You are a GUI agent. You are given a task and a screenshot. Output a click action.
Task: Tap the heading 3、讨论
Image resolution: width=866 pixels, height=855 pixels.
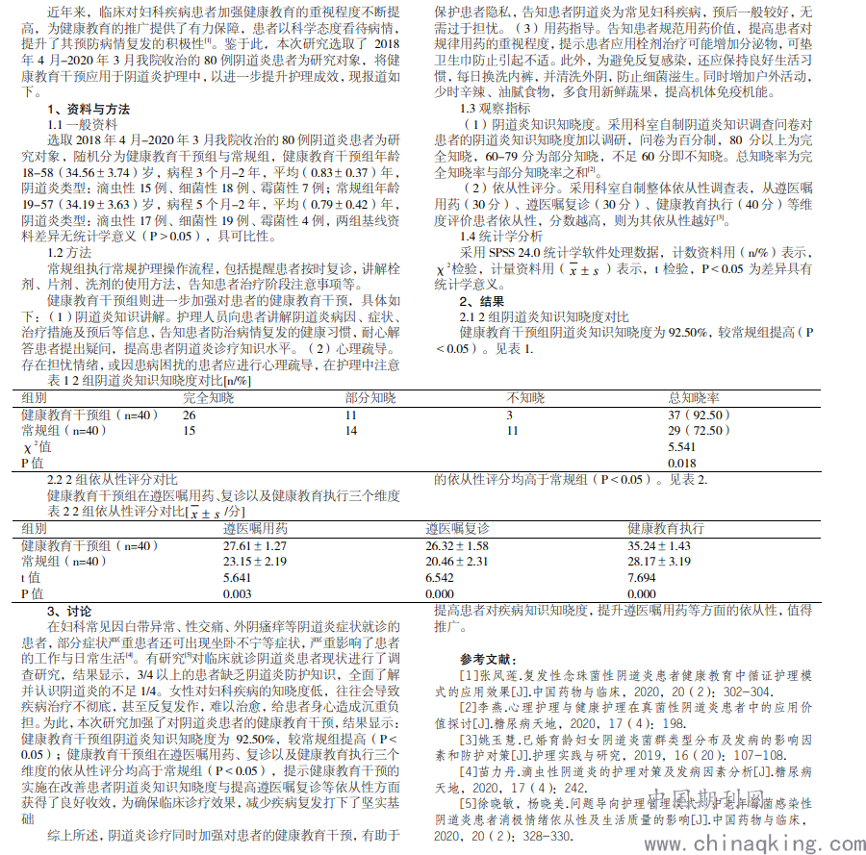69,612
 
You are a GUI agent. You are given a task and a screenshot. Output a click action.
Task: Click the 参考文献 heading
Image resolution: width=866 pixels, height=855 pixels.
489,659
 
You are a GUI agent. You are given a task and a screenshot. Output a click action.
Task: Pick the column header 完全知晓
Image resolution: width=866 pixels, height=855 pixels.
208,397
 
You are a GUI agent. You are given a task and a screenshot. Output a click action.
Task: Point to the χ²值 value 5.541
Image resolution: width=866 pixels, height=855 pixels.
682,447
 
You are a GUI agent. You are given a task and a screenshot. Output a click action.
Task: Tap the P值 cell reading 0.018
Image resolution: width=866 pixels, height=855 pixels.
682,464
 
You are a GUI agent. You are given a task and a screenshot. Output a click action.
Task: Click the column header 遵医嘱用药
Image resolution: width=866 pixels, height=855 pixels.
255,529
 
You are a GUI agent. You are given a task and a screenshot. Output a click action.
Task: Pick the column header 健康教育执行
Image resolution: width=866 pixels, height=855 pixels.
665,529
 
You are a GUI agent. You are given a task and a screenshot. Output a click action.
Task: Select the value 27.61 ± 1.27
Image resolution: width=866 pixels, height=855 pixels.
256,545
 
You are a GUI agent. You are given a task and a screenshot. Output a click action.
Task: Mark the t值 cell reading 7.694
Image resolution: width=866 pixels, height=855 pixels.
642,577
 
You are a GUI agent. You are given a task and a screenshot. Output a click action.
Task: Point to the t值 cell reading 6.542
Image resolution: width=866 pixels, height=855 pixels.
440,577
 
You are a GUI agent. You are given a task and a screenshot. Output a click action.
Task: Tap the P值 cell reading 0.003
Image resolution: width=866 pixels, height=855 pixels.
238,594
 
